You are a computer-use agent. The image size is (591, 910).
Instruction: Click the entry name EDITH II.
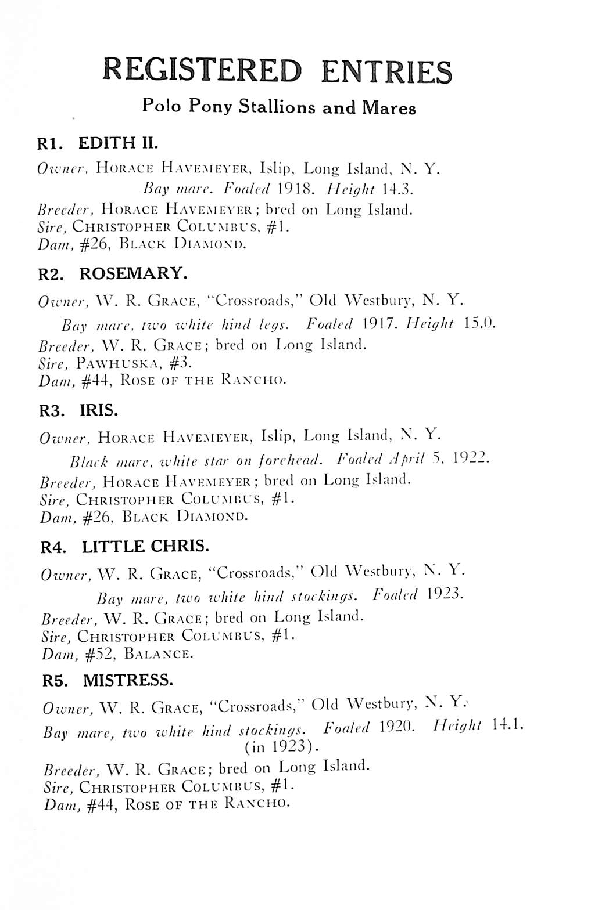(x=117, y=143)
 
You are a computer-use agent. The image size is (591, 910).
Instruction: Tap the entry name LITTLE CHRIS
(x=145, y=546)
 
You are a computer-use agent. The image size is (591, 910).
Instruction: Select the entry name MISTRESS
(x=128, y=680)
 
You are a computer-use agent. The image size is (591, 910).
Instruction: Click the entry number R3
(x=51, y=411)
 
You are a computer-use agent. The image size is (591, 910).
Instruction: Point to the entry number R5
(x=55, y=681)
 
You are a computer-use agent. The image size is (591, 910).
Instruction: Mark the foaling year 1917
(x=379, y=323)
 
